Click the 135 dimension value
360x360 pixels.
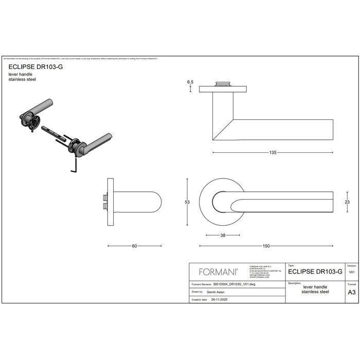(273, 153)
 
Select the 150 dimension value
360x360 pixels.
(265, 246)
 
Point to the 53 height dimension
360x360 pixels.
(188, 202)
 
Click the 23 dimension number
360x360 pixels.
(347, 202)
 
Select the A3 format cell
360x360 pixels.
(352, 291)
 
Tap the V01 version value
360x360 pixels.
(352, 271)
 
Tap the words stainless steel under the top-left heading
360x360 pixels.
(22, 80)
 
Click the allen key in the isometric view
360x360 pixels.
(74, 165)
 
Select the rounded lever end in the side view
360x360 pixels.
(154, 202)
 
